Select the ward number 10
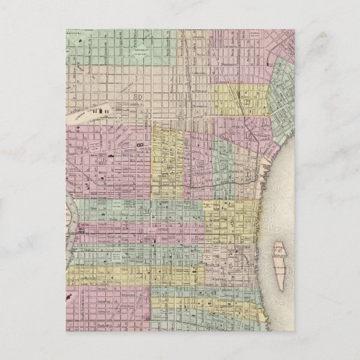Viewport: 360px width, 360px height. pos(146,211)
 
